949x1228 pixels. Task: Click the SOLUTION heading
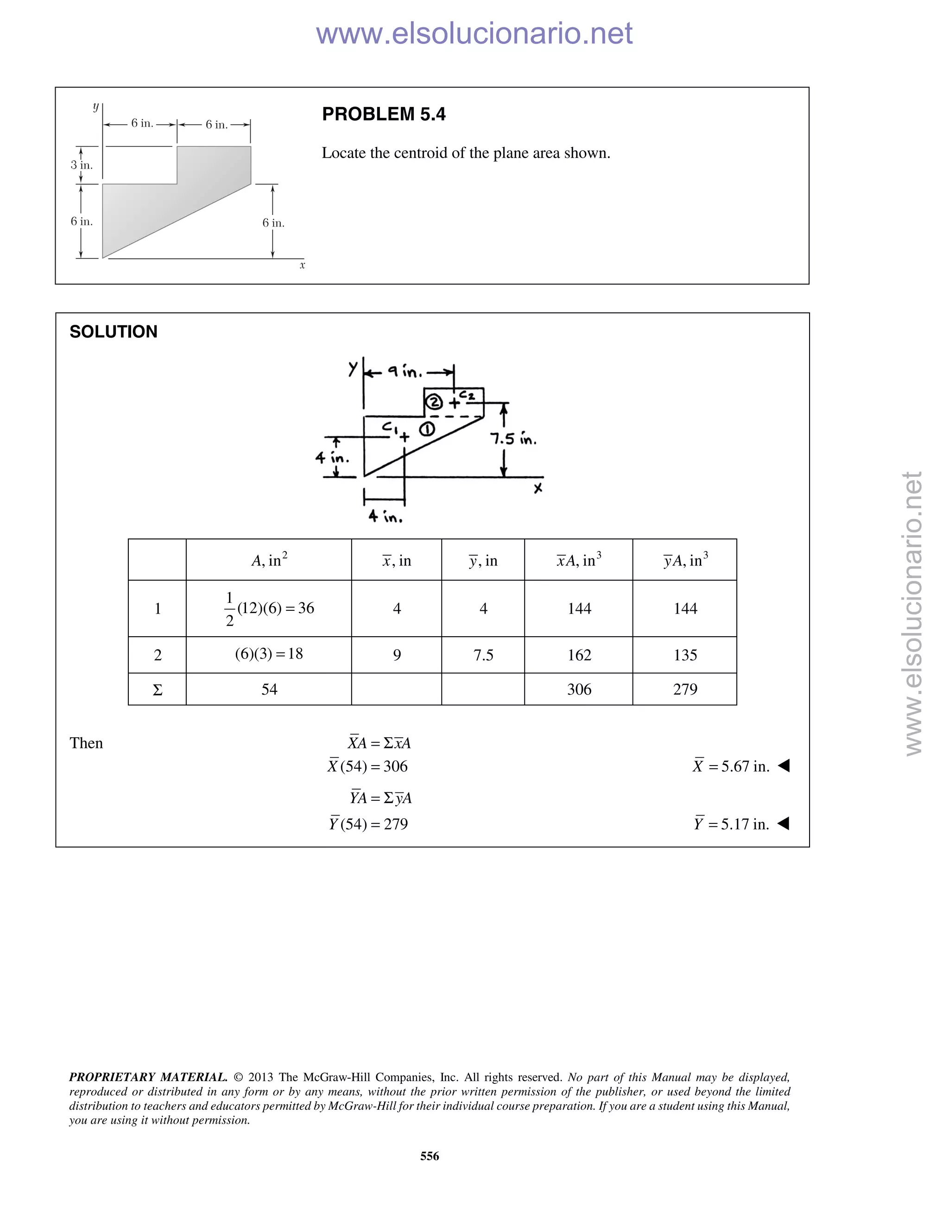click(x=113, y=332)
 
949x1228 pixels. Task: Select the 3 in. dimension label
click(x=82, y=165)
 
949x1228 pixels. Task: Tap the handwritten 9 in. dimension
click(x=405, y=371)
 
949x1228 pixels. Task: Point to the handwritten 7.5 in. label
click(x=513, y=438)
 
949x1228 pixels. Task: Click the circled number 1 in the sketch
click(x=427, y=430)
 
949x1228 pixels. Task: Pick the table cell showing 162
click(x=579, y=655)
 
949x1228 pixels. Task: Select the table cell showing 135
click(x=685, y=655)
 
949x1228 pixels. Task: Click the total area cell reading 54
click(x=269, y=690)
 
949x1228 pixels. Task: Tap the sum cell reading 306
click(x=579, y=690)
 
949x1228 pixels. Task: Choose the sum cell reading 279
click(x=685, y=690)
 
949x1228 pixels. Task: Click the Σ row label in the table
click(x=158, y=690)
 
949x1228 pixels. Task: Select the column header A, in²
click(x=269, y=560)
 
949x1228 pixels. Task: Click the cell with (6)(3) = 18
click(x=269, y=654)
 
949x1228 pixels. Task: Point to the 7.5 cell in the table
click(x=483, y=655)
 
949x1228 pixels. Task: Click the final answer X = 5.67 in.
click(x=731, y=766)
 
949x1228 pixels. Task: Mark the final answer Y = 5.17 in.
click(x=731, y=824)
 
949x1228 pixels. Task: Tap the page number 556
click(x=430, y=1156)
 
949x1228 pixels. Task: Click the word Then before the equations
click(x=86, y=743)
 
